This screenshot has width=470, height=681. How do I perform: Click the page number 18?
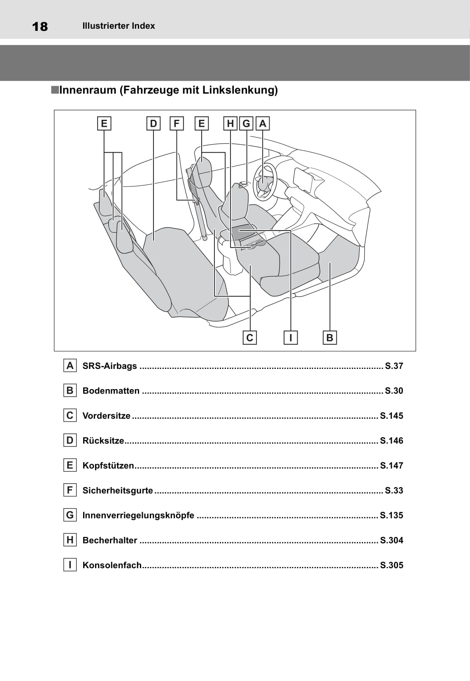(40, 27)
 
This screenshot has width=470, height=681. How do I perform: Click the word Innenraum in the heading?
(87, 90)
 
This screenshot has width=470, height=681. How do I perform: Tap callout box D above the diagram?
(154, 124)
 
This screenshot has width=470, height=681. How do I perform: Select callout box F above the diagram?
(177, 124)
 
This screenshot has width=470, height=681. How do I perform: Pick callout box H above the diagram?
(230, 124)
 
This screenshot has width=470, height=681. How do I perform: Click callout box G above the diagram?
(246, 124)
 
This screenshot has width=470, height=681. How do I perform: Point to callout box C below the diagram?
(250, 338)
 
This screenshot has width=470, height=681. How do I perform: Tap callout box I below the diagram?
(291, 338)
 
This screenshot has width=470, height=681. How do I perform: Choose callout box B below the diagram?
(330, 338)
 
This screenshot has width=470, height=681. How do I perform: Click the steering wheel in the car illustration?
(264, 182)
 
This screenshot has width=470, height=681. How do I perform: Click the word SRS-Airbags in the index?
(109, 366)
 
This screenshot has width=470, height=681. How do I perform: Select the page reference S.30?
(394, 391)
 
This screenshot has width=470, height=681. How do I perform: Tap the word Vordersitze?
(106, 416)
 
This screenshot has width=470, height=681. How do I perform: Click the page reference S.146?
(391, 441)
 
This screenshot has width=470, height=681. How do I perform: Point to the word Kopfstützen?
(108, 466)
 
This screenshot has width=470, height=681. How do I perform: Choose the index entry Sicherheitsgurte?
(118, 490)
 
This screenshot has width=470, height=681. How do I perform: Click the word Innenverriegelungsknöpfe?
(138, 515)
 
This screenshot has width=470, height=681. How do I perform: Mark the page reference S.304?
(391, 540)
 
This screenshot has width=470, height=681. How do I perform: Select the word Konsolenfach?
(112, 565)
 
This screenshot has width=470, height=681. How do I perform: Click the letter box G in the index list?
(70, 515)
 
